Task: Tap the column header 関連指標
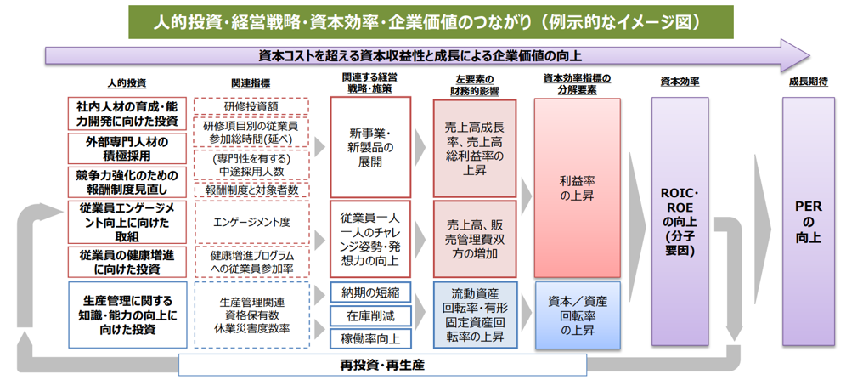[x=251, y=82]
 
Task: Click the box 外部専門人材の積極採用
[x=127, y=148]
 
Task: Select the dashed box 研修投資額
[x=251, y=106]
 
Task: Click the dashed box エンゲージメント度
[x=251, y=223]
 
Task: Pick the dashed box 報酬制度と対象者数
[x=251, y=190]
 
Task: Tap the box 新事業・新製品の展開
[x=370, y=146]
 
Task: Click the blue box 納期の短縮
[x=370, y=292]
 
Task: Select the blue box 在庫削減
[x=370, y=315]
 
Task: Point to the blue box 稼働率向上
[x=370, y=338]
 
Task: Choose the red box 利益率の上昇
[x=577, y=188]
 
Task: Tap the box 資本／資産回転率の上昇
[x=577, y=315]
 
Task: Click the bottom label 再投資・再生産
[x=382, y=366]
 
